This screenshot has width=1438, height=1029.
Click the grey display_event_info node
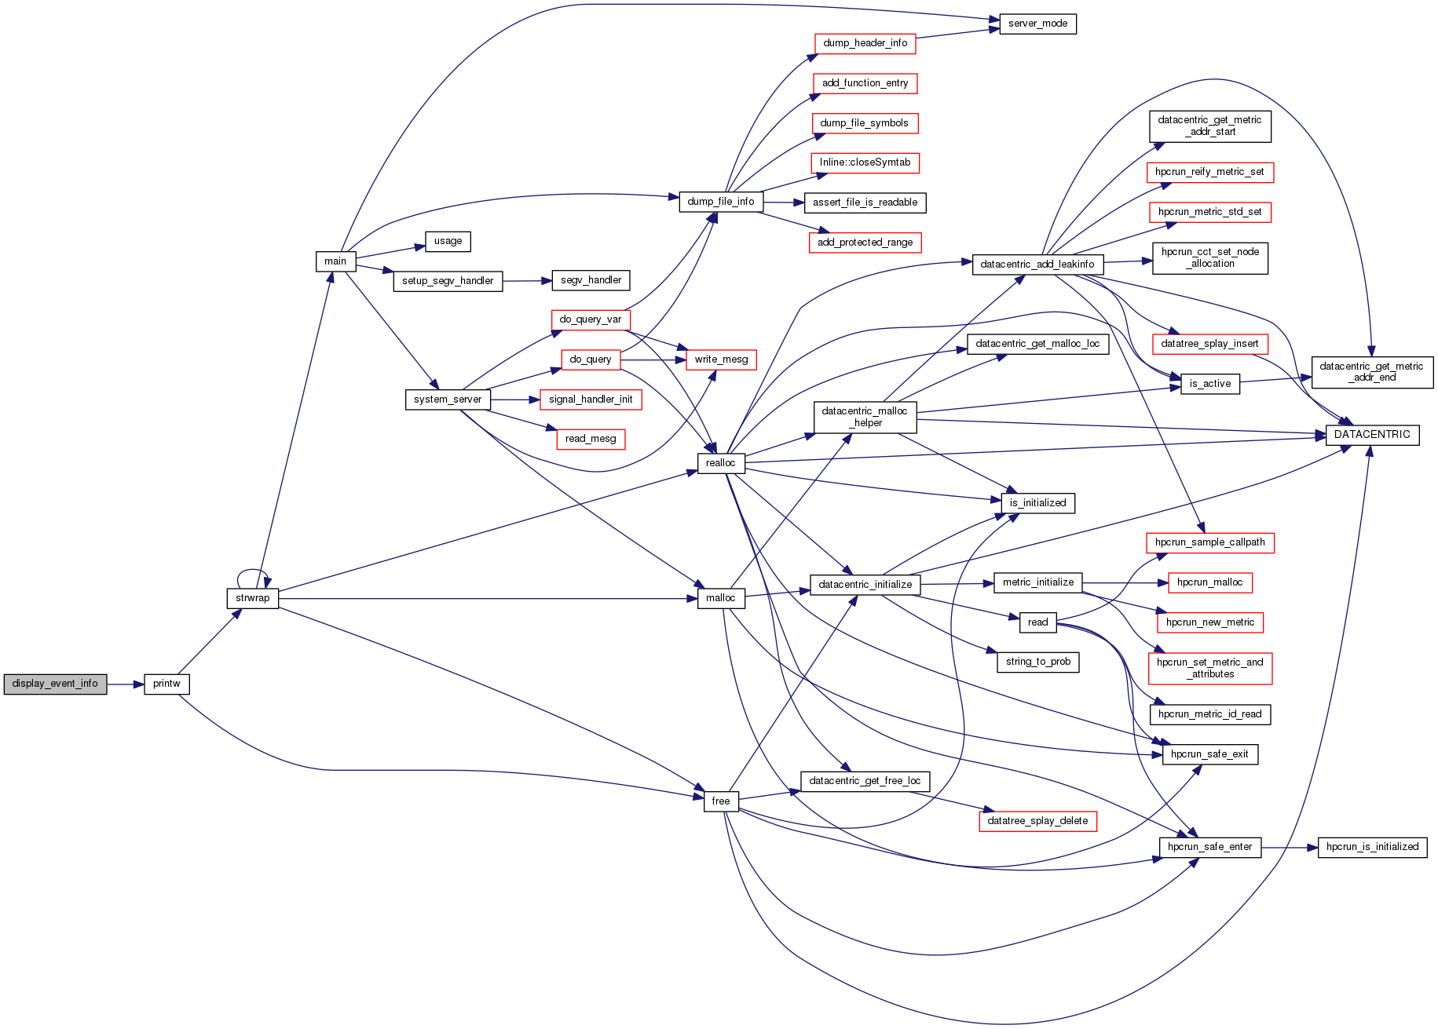tap(55, 684)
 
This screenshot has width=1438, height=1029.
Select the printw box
tap(166, 684)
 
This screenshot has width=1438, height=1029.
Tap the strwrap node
tap(252, 598)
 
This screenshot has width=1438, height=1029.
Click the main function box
tap(335, 261)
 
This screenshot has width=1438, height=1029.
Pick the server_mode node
tap(1037, 24)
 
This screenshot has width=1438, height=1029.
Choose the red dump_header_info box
tap(865, 43)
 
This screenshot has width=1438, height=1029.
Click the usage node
tap(448, 241)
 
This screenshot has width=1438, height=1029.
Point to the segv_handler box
tap(591, 280)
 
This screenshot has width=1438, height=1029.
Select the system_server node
tap(448, 400)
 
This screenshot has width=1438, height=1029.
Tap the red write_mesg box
tap(721, 359)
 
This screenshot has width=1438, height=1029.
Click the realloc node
tap(720, 463)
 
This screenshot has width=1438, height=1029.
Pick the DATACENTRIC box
tap(1372, 435)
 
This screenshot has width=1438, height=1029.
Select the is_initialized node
tap(1037, 503)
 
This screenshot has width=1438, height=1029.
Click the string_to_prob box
tap(1037, 662)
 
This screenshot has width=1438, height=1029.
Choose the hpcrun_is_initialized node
tap(1372, 847)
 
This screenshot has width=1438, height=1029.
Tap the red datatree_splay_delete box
tap(1037, 821)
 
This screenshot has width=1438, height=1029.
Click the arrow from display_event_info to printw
tap(126, 684)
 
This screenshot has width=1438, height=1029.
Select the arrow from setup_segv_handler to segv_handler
tap(527, 281)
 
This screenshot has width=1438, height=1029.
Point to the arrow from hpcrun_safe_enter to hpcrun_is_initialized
tap(1289, 848)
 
